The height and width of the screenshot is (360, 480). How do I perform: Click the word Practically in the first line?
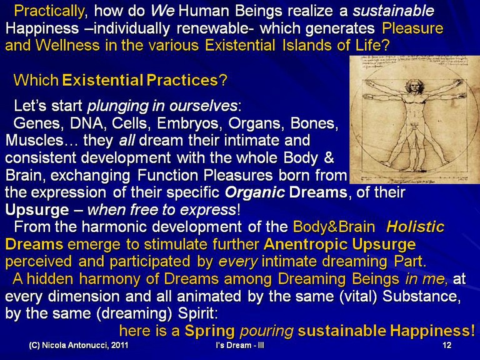tap(49, 11)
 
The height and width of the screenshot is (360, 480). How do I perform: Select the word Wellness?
tap(67, 45)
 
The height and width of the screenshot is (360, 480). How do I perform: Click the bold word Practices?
tap(182, 80)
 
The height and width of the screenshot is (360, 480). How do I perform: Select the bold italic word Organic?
tap(255, 192)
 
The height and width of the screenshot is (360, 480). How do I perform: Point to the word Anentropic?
tap(306, 244)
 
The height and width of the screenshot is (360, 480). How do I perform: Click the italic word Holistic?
tap(415, 227)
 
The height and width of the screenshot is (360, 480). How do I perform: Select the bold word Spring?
tap(210, 331)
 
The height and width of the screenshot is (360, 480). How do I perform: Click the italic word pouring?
tap(267, 331)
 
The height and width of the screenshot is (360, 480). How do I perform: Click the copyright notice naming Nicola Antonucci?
tap(78, 345)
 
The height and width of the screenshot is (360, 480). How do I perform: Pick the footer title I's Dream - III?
tap(240, 345)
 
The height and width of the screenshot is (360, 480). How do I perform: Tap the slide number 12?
tap(447, 345)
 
